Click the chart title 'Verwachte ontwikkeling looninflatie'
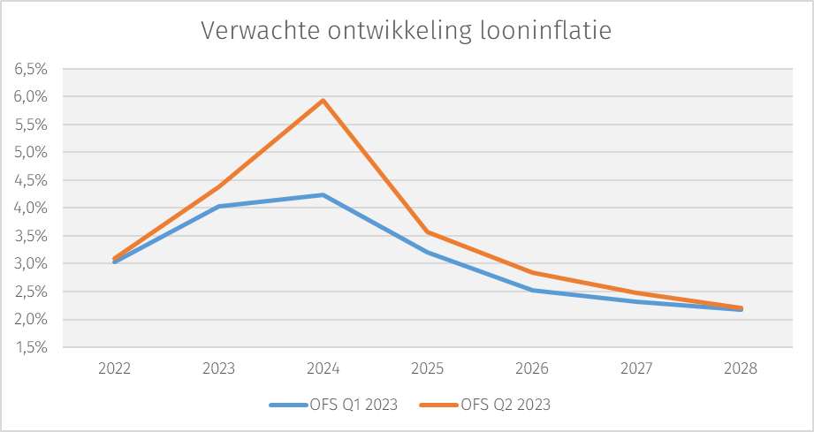(x=406, y=31)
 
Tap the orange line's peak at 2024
(x=323, y=100)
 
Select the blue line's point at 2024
(x=323, y=194)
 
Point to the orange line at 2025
(x=428, y=232)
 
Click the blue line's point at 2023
(x=219, y=206)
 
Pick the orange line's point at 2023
(x=219, y=186)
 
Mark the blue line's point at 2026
(x=532, y=290)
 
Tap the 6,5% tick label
(x=32, y=68)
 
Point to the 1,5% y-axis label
(x=32, y=347)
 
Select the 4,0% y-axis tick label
(x=32, y=208)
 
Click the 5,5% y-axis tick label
(x=32, y=124)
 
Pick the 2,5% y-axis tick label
(x=32, y=292)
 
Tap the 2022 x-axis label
(x=115, y=368)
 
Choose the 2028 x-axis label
(x=741, y=368)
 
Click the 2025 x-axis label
(x=428, y=368)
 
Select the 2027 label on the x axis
(x=636, y=368)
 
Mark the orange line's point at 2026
(x=532, y=273)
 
